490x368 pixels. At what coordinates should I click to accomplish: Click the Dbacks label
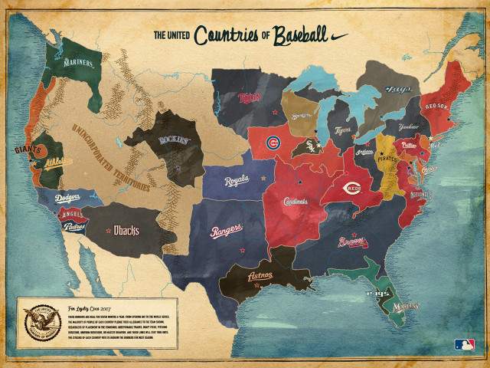[x=126, y=228]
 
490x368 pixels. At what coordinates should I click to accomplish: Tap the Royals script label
[x=238, y=181]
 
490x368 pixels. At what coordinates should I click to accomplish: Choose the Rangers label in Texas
[x=227, y=228]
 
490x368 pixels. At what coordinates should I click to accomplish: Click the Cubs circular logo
[x=273, y=143]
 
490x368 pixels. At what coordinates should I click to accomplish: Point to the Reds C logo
[x=352, y=188]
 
